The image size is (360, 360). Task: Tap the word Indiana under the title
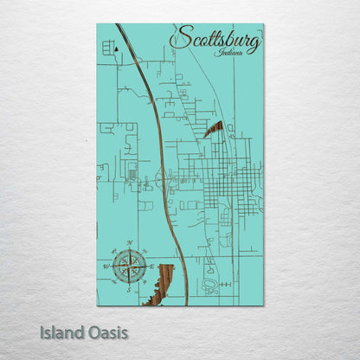[229, 54]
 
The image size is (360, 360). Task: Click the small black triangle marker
[116, 51]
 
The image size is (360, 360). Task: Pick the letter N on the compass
[129, 243]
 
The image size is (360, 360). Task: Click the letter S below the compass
[128, 290]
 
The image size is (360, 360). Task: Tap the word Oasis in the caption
[106, 331]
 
